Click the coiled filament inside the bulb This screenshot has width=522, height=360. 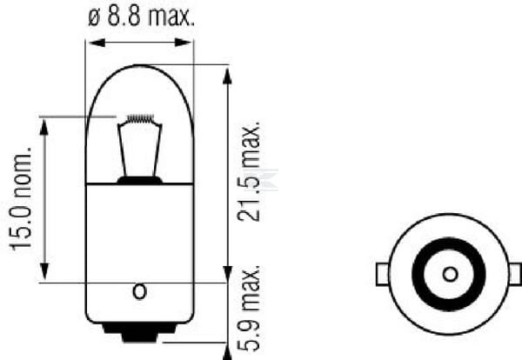[x=139, y=119]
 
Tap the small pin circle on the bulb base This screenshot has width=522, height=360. [x=139, y=291]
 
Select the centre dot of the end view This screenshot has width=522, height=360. [x=449, y=274]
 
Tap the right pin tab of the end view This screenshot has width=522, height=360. [x=517, y=274]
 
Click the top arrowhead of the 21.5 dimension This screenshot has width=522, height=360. [x=227, y=72]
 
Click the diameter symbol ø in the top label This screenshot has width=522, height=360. [x=94, y=17]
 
